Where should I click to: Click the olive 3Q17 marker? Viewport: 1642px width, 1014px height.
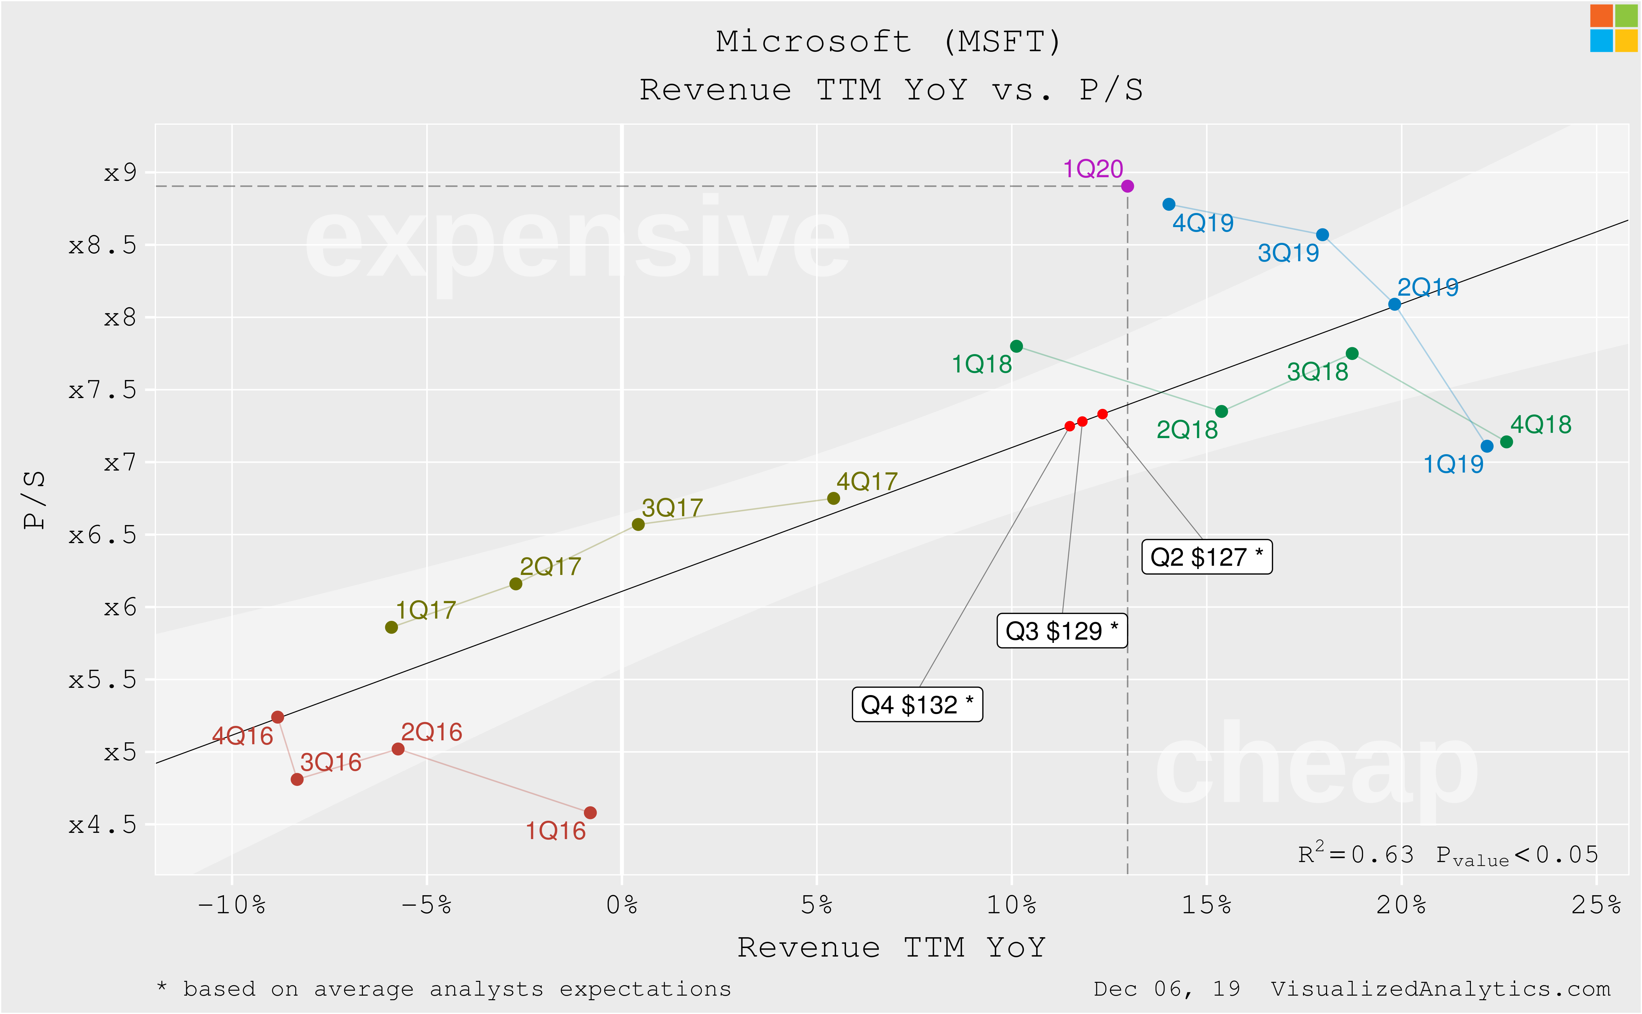tap(638, 524)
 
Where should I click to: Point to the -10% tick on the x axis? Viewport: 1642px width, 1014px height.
tap(232, 905)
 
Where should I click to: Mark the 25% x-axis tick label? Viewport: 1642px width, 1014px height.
tap(1596, 905)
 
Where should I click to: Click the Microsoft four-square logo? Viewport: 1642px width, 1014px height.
tap(1613, 28)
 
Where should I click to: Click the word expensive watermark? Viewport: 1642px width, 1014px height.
tap(577, 242)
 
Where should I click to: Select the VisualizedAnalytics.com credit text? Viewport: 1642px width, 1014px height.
tap(1440, 989)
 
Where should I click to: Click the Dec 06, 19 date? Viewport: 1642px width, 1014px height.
tap(1166, 989)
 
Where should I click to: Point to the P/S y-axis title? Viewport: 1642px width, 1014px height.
tap(33, 500)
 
